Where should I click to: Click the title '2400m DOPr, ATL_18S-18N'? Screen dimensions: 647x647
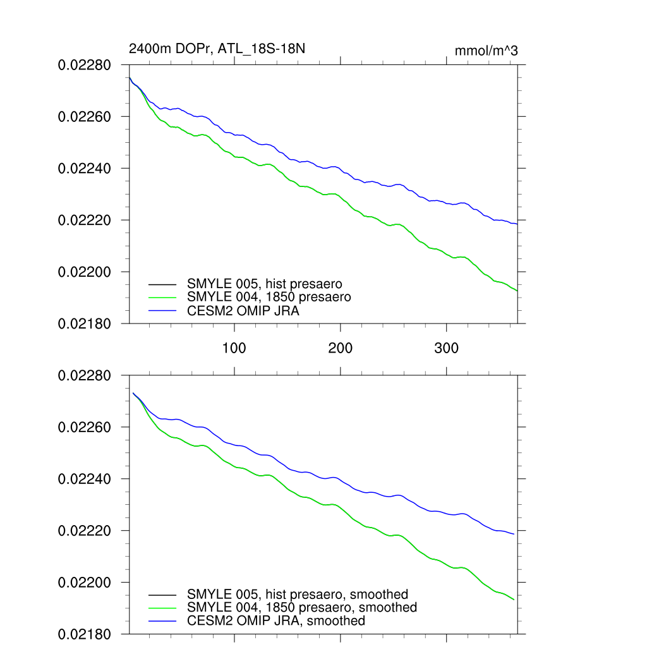pyautogui.click(x=217, y=49)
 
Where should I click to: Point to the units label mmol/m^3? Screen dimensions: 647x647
pyautogui.click(x=486, y=51)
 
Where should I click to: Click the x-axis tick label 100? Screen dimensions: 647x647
pyautogui.click(x=234, y=349)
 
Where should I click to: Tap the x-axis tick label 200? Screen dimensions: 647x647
pyautogui.click(x=341, y=349)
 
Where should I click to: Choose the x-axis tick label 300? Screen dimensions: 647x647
pyautogui.click(x=447, y=349)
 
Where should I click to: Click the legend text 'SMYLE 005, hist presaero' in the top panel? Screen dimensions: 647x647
pyautogui.click(x=265, y=284)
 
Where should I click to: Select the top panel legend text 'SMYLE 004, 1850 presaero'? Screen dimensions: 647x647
pyautogui.click(x=269, y=297)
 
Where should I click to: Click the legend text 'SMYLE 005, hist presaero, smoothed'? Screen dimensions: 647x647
pyautogui.click(x=298, y=595)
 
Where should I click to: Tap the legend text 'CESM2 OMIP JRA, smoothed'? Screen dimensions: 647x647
pyautogui.click(x=276, y=621)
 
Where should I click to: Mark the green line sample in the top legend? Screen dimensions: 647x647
pyautogui.click(x=162, y=297)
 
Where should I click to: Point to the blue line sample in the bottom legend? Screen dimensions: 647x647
pyautogui.click(x=162, y=621)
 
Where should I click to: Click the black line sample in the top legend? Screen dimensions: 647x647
pyautogui.click(x=162, y=284)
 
